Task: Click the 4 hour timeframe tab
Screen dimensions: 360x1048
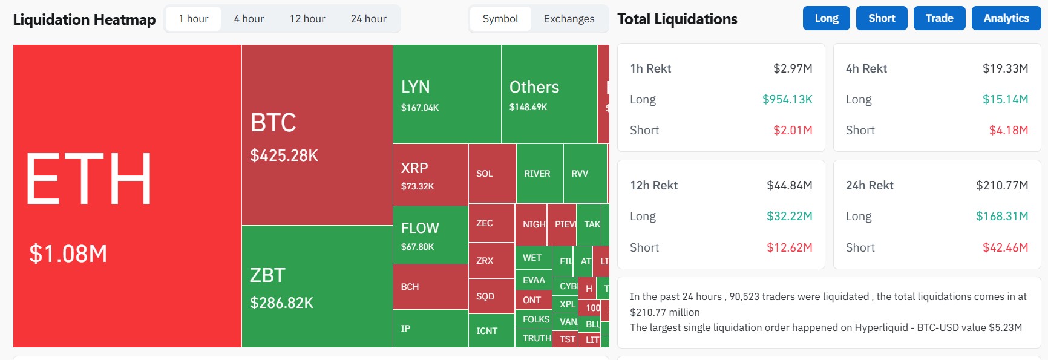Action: [x=249, y=19]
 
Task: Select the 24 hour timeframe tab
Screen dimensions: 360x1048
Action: [x=368, y=19]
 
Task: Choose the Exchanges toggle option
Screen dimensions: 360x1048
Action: [x=568, y=19]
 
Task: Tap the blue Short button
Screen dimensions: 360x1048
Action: [x=881, y=18]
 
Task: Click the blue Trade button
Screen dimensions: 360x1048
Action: [x=939, y=18]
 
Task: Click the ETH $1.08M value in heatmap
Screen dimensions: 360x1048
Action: [x=68, y=254]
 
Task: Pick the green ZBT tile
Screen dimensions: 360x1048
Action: [x=316, y=287]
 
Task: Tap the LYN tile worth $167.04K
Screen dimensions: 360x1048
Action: [x=447, y=94]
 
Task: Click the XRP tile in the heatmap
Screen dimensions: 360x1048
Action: [x=430, y=175]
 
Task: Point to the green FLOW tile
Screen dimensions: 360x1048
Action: [x=430, y=235]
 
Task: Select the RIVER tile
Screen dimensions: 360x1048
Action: [x=538, y=174]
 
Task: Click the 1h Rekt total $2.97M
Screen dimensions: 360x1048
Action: [x=792, y=68]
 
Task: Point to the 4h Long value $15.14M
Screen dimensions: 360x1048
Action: [x=1004, y=99]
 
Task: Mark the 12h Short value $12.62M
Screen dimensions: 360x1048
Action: [x=789, y=247]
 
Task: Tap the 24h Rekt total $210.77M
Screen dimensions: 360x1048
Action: [x=1001, y=185]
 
